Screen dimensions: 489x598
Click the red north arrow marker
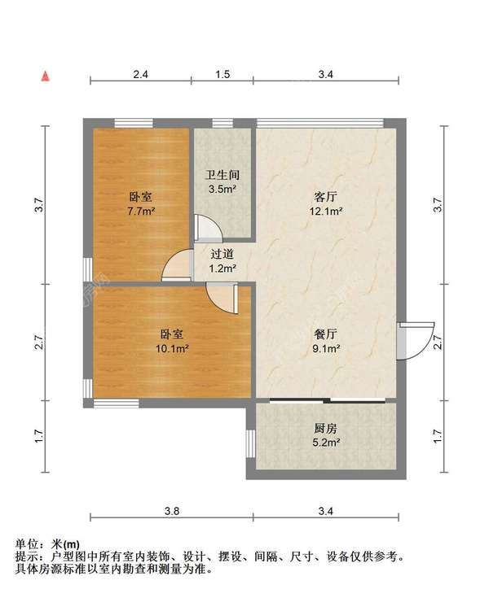click(x=46, y=76)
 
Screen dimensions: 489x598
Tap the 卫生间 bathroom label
click(x=222, y=175)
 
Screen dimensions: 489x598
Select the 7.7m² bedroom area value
click(x=141, y=211)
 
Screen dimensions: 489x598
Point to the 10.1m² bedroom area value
click(x=172, y=348)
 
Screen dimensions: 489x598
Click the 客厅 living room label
click(x=325, y=197)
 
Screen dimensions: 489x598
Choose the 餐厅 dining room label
click(x=325, y=334)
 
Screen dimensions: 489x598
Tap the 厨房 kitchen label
click(x=325, y=429)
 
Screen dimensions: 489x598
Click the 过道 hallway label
click(x=222, y=254)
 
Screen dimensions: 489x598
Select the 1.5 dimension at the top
click(x=222, y=74)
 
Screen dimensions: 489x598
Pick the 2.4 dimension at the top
click(x=140, y=74)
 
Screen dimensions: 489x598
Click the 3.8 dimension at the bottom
click(x=172, y=511)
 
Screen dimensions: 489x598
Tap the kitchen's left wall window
click(x=250, y=443)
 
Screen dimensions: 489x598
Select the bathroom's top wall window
click(x=222, y=123)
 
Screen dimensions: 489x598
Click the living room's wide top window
click(x=320, y=123)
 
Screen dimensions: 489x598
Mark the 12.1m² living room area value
click(x=325, y=211)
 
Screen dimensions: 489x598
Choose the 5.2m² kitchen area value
click(x=326, y=443)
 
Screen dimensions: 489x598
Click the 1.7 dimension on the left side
click(x=40, y=436)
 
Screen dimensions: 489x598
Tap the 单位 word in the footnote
click(x=26, y=544)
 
